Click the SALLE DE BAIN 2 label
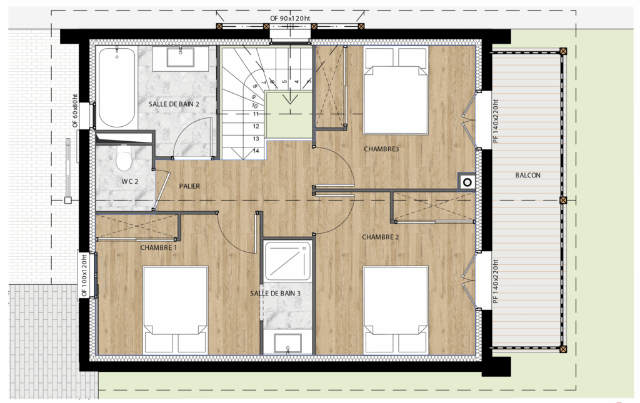pos(174,104)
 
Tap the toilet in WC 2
pos(123,157)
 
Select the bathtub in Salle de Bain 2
pos(117,87)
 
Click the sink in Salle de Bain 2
pos(180,57)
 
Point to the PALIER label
pos(189,186)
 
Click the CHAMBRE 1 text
pos(159,247)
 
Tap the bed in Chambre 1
pos(176,310)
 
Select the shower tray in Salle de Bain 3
pos(288,261)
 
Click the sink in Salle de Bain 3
pos(287,344)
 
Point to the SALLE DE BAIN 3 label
pos(275,293)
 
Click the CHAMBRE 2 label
pos(381,237)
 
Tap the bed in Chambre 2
pos(396,310)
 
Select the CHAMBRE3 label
pos(381,149)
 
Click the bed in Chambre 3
pos(396,90)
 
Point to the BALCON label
pos(527,176)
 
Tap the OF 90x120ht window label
pos(290,18)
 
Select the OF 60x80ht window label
pos(75,111)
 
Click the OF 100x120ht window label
pos(84,276)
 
